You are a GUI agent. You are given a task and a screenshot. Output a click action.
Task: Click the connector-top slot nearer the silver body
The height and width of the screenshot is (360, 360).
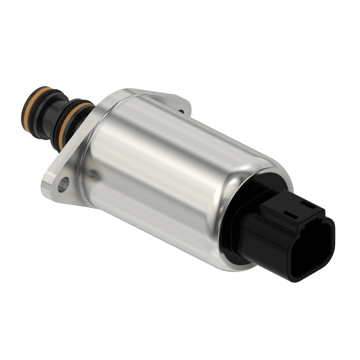coord(290,214)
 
